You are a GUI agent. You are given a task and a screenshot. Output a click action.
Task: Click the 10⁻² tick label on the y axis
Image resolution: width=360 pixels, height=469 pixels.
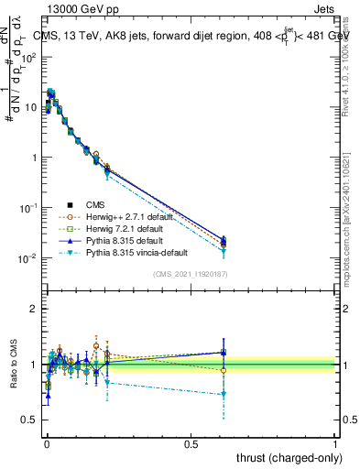pyautogui.click(x=27, y=258)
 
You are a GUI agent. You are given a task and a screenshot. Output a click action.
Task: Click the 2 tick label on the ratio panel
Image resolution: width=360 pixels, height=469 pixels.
pyautogui.click(x=33, y=309)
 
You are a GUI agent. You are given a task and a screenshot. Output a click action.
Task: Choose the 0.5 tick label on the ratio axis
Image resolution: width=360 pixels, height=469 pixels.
pyautogui.click(x=28, y=420)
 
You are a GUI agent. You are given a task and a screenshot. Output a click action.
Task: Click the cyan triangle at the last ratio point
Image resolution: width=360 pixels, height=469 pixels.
pyautogui.click(x=224, y=395)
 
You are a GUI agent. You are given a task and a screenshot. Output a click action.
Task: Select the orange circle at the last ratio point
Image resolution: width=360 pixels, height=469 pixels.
pyautogui.click(x=224, y=370)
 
